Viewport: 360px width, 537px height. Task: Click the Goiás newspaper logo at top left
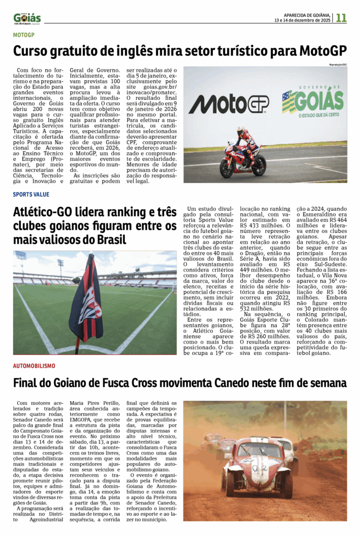(27, 18)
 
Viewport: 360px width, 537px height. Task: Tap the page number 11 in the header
(341, 18)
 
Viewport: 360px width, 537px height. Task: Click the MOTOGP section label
(24, 35)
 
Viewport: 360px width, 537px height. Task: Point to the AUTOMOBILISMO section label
(34, 366)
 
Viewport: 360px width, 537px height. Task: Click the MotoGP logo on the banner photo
(228, 104)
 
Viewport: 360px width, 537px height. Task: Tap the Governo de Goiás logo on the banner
(313, 101)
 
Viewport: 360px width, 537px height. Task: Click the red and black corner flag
(86, 300)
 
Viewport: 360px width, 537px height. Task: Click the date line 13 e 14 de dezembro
(302, 20)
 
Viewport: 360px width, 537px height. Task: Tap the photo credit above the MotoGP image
(337, 64)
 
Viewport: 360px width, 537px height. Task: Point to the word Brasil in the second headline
(107, 240)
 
